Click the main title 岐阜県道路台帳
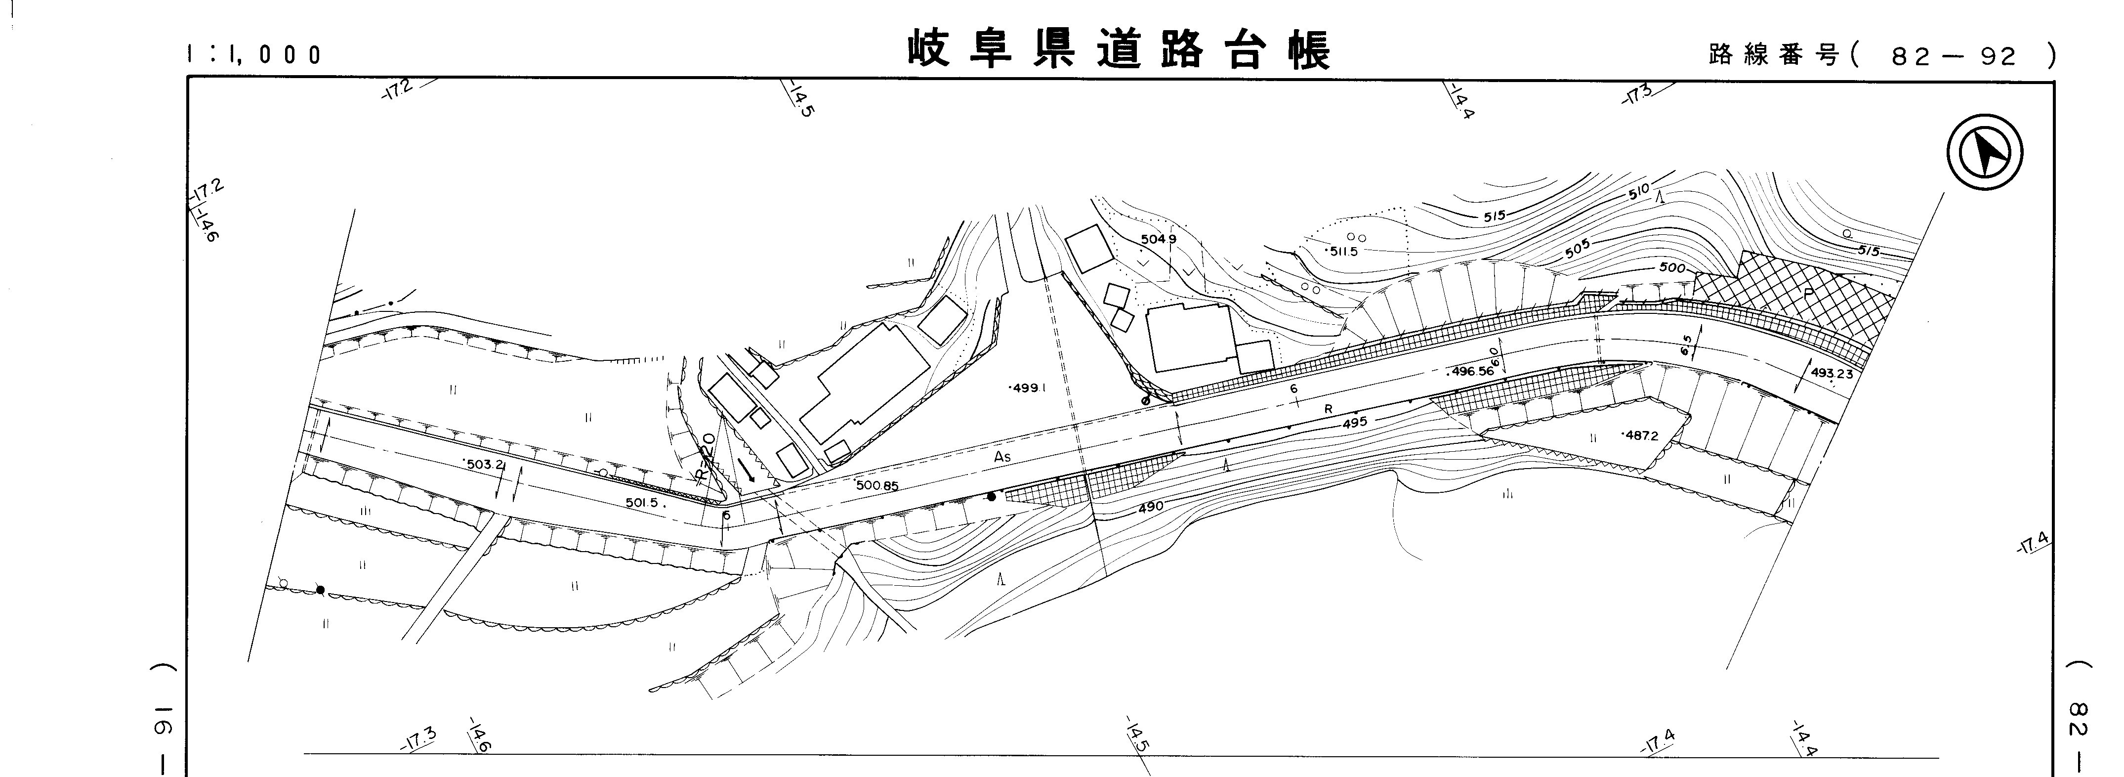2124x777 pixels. click(1119, 50)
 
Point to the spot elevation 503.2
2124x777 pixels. click(485, 465)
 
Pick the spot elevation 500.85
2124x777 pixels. click(877, 486)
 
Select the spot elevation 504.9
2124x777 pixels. click(1159, 239)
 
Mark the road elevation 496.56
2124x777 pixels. click(1472, 372)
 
